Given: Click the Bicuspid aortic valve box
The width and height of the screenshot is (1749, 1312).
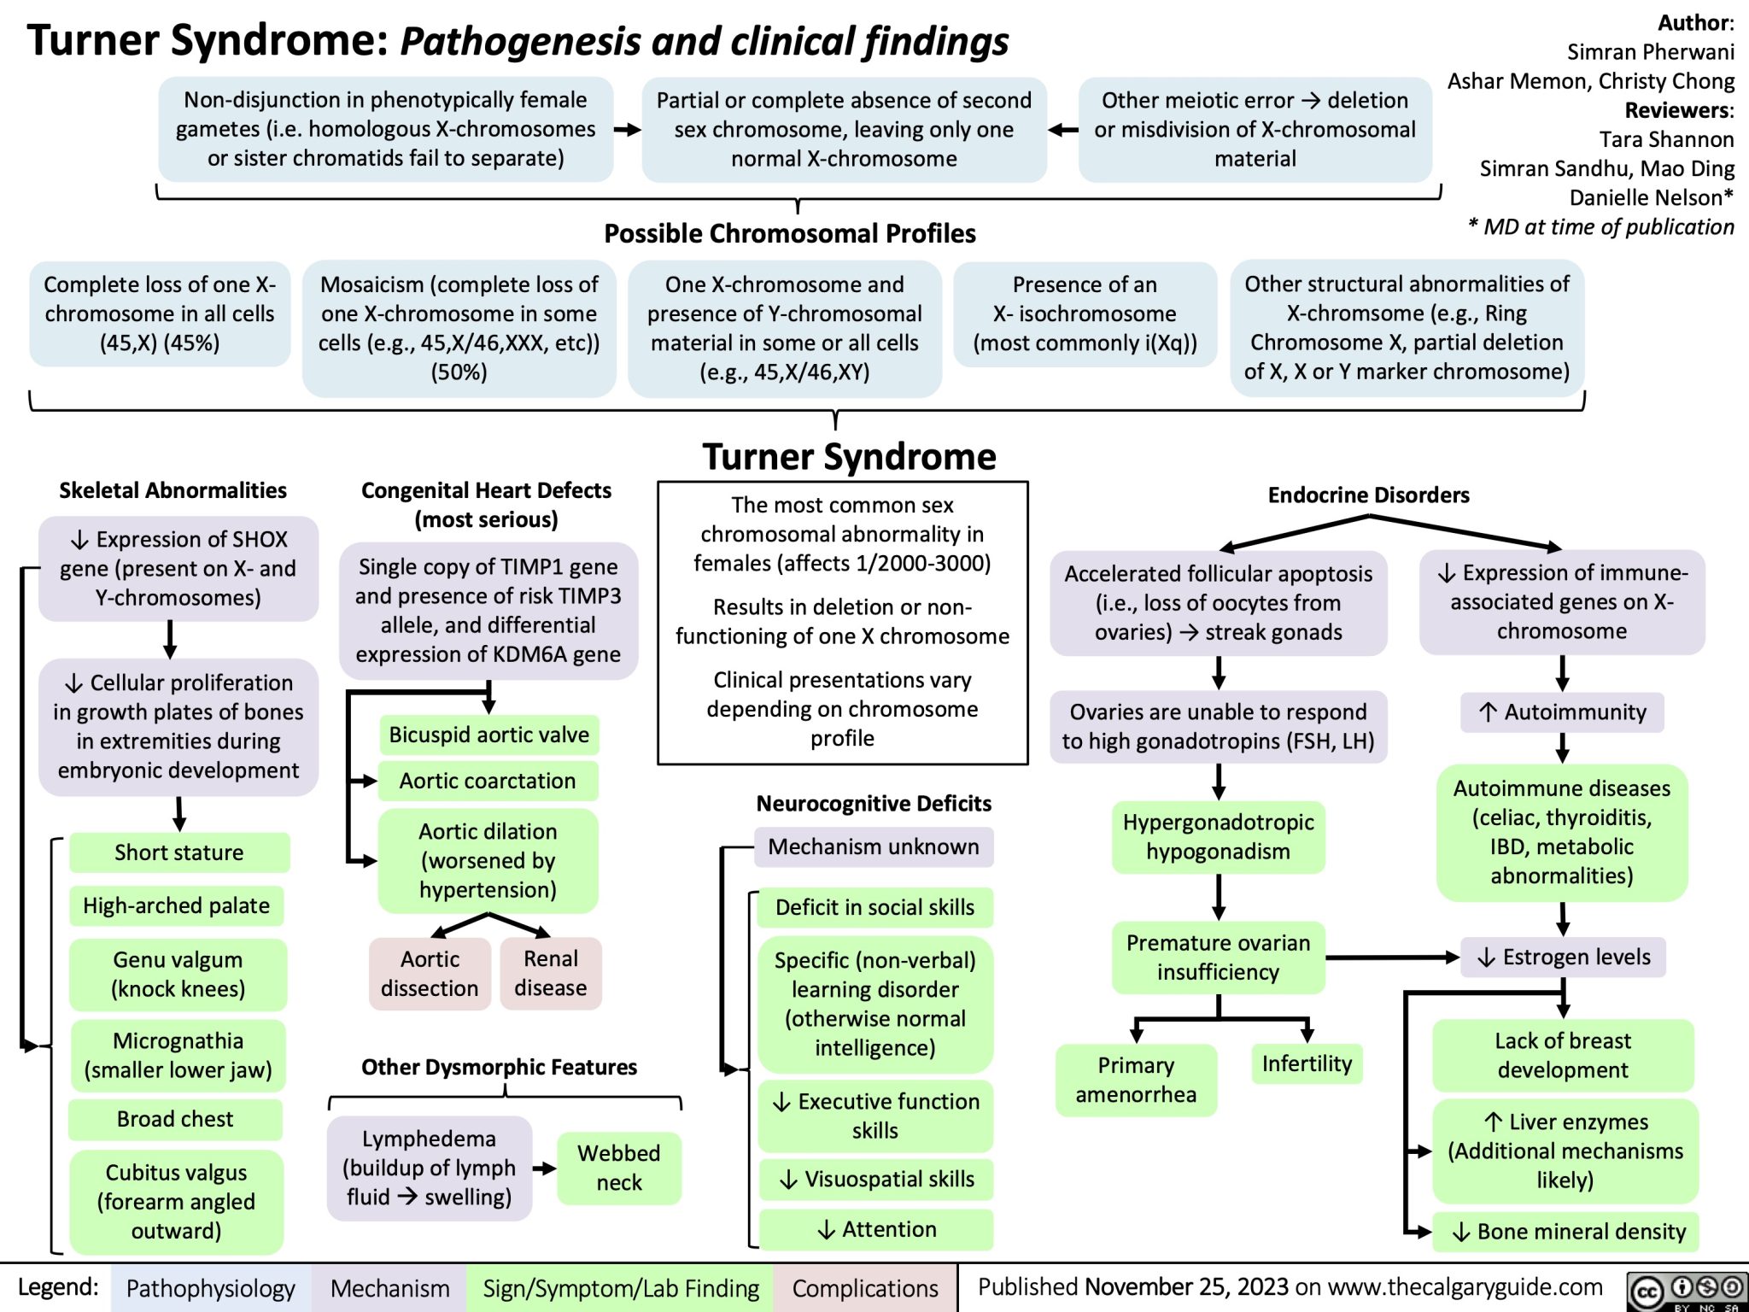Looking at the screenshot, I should click(x=488, y=735).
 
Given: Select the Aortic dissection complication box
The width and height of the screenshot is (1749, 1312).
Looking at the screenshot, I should click(x=430, y=974).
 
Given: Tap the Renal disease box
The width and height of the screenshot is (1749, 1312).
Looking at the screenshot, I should click(x=551, y=974).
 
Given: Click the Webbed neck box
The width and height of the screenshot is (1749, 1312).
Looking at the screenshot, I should click(x=619, y=1168).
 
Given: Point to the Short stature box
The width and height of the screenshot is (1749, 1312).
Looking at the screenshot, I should click(x=179, y=852).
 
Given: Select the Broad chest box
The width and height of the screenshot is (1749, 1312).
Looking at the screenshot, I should click(x=175, y=1119).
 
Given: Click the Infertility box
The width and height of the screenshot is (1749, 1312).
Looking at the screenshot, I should click(x=1307, y=1063).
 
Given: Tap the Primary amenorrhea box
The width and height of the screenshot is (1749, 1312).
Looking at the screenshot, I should click(x=1136, y=1080).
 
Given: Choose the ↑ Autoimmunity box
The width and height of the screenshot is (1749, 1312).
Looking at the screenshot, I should click(x=1563, y=712).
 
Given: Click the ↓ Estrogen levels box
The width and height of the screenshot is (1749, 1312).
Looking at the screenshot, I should click(x=1565, y=958).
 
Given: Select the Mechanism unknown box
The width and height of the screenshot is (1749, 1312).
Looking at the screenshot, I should click(x=874, y=846).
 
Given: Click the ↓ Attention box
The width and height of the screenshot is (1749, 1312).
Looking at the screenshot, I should click(x=876, y=1229).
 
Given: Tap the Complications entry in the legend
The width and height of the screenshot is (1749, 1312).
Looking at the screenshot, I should click(x=865, y=1288).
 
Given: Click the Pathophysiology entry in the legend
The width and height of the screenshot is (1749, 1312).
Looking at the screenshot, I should click(x=210, y=1288).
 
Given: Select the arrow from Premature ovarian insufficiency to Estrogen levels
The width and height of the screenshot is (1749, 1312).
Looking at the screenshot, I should click(x=1392, y=958).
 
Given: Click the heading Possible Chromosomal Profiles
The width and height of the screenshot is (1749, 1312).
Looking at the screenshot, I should click(x=790, y=233).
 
